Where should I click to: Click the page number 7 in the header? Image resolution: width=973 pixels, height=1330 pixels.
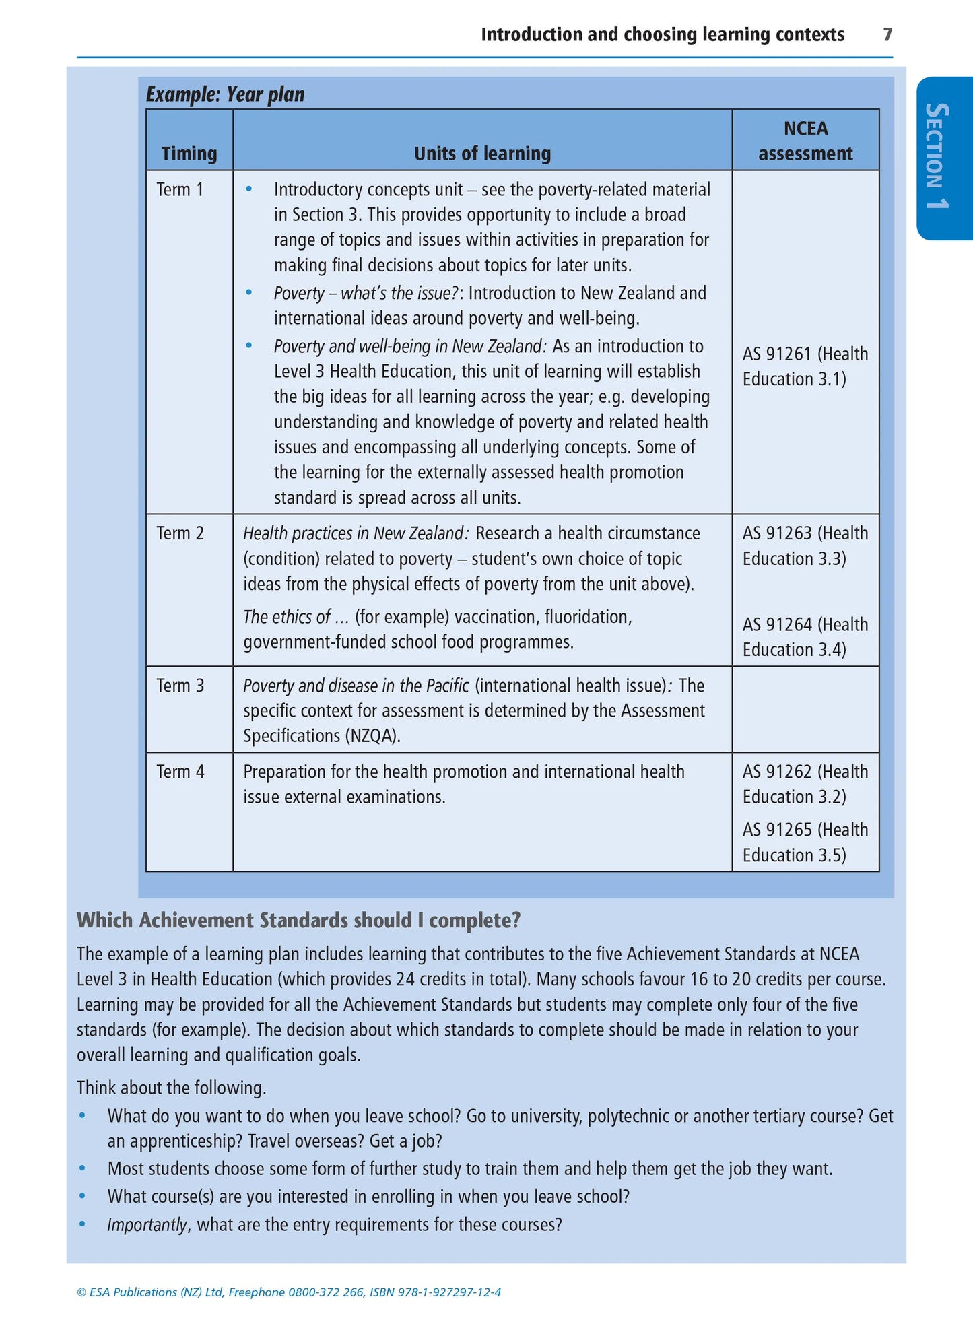tap(887, 34)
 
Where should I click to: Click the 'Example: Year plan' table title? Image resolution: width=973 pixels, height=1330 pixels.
tap(225, 94)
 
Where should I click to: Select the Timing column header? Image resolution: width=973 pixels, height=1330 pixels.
tap(189, 154)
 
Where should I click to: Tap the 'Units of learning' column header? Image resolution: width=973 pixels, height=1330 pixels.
tap(482, 154)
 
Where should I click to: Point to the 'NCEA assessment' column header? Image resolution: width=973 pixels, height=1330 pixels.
tap(805, 141)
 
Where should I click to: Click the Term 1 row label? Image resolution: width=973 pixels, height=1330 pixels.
tap(180, 190)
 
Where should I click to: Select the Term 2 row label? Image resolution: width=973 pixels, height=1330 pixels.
tap(180, 533)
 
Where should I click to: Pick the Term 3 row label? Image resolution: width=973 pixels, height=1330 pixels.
tap(180, 686)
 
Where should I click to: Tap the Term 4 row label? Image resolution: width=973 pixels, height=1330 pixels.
tap(180, 772)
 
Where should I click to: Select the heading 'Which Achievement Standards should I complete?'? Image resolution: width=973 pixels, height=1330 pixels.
tap(298, 921)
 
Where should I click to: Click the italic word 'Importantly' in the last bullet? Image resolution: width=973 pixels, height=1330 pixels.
tap(147, 1224)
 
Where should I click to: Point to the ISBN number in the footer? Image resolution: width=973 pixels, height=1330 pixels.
tap(448, 1292)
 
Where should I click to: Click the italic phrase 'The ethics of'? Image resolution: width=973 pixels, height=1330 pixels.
tap(287, 617)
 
